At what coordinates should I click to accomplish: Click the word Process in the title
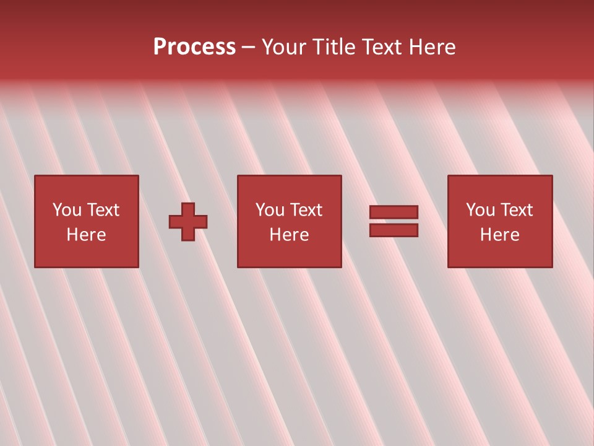click(x=194, y=47)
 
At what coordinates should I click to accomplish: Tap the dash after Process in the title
click(x=249, y=48)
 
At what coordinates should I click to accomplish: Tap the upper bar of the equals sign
click(x=394, y=212)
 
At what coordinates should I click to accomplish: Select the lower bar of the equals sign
click(x=394, y=230)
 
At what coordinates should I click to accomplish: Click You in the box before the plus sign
click(x=67, y=210)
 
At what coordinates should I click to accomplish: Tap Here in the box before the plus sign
click(x=86, y=235)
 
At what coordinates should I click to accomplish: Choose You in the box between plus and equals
click(x=270, y=210)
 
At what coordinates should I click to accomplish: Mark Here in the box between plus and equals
click(x=289, y=235)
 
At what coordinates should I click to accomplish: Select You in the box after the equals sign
click(x=480, y=210)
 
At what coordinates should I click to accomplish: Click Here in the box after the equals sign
click(x=499, y=235)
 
